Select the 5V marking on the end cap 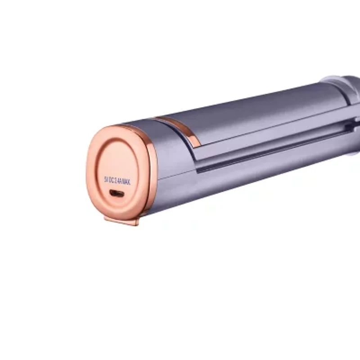[107, 178]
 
